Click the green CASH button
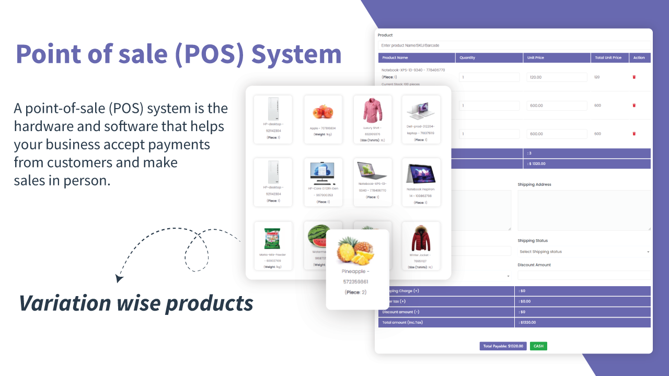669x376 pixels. pos(538,346)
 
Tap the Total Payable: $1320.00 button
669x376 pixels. pos(503,346)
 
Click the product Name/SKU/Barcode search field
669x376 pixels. pos(514,45)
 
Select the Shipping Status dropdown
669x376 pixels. pos(584,252)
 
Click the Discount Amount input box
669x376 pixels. pos(584,275)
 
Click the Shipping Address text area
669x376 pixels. pos(584,210)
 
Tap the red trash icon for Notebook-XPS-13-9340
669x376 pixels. pos(634,77)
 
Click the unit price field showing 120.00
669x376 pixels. pos(557,77)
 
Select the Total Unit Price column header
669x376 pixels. pos(608,57)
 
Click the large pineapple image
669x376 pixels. pos(356,251)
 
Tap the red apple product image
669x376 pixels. pos(322,111)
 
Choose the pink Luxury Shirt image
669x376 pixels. pos(372,110)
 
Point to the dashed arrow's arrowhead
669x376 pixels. pos(119,278)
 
